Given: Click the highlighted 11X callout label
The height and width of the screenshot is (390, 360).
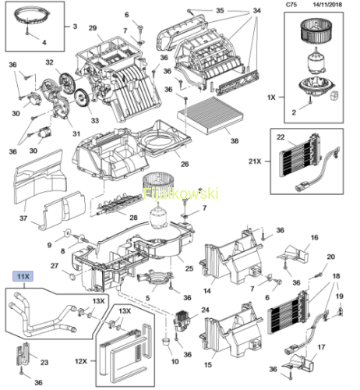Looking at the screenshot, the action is pos(23,276).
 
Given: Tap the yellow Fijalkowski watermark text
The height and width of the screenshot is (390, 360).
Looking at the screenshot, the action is pos(181,194).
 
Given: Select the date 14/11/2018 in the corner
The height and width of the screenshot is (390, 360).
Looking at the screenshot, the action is pos(327,5).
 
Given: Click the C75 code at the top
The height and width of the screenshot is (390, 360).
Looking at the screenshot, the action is pos(291,5).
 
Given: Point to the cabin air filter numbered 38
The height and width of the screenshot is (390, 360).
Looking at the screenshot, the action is pos(210,115).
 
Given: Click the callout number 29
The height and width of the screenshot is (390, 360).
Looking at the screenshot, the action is pos(93,28).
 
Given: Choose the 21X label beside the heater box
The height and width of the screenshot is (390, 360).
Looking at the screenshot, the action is pos(255,161).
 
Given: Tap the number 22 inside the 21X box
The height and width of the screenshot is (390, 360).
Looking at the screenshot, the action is pos(281,137).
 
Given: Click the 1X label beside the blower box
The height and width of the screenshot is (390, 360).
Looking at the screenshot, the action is pos(271,97).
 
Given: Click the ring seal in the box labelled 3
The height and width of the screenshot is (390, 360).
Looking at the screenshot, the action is pos(31,16).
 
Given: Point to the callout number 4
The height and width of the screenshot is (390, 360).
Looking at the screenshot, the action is pos(44,42).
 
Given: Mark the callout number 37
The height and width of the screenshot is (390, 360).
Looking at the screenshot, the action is pos(23,218).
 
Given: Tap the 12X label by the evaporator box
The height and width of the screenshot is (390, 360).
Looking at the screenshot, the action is pos(81,361).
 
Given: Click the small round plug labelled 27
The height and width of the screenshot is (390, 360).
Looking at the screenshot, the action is pos(72,277).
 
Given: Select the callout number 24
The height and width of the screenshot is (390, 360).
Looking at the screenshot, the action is pos(205,310).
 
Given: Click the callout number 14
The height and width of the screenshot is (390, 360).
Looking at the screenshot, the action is pos(207,291).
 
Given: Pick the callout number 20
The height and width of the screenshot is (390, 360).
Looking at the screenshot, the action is pos(330,257).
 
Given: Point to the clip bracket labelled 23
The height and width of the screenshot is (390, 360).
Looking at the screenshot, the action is pos(23,353).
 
